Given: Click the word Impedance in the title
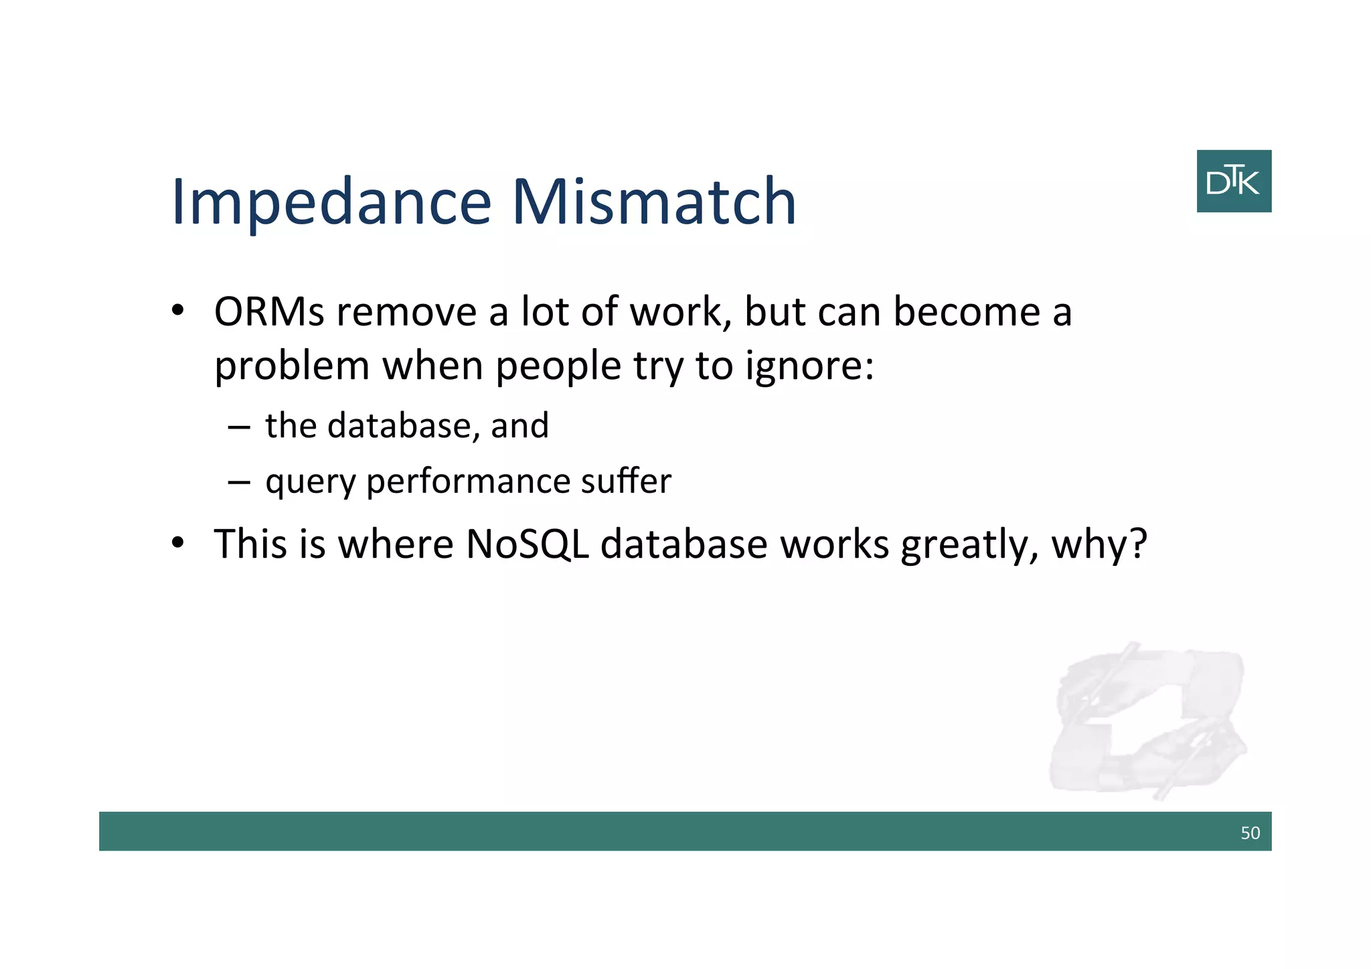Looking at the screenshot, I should tap(331, 203).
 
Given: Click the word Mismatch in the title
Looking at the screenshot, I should tap(654, 202).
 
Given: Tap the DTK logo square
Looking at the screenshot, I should tap(1234, 181).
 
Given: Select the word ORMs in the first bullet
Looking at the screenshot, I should tap(269, 313).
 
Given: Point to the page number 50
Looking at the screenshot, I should tap(1250, 833).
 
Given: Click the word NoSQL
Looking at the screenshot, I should tap(527, 544).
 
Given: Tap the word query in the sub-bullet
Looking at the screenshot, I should tap(310, 482).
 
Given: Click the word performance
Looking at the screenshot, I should tap(468, 482).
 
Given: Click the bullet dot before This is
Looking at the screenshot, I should tap(177, 542).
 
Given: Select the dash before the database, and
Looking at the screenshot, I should tap(238, 427).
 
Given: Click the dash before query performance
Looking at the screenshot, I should tap(238, 482).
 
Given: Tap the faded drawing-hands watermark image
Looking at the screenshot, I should tap(1148, 720).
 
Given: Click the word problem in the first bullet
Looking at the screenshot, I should tap(292, 368).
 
